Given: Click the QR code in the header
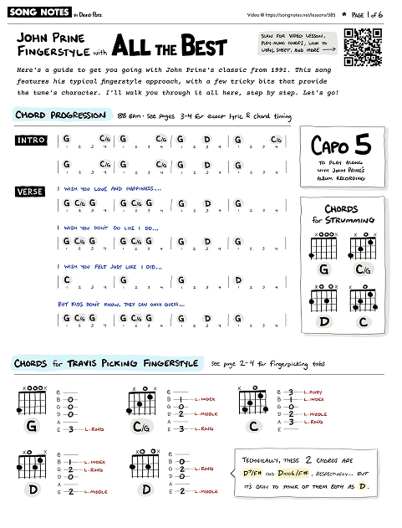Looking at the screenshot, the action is point(364,47).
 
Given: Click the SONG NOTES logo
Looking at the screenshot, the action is point(32,15).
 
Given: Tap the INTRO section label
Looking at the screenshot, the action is point(31,140).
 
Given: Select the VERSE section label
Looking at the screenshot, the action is point(30,192).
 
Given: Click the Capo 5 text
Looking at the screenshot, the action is point(340,146).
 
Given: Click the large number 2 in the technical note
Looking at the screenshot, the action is point(308,460).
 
